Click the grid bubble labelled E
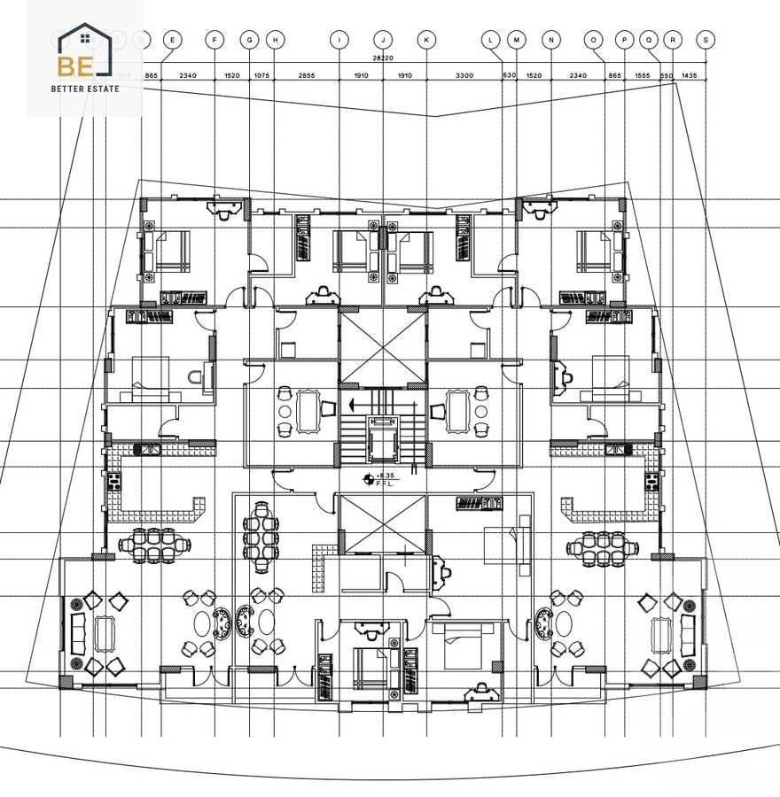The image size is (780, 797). click(x=172, y=39)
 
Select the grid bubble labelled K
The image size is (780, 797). click(x=426, y=39)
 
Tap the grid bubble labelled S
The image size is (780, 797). click(x=706, y=39)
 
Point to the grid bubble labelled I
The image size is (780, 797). click(x=339, y=39)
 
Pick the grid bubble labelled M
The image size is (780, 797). click(x=517, y=39)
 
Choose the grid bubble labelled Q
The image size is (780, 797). click(x=650, y=39)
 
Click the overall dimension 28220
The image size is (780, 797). click(x=383, y=58)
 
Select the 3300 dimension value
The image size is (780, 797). click(x=464, y=76)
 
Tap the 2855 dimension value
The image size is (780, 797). click(x=307, y=76)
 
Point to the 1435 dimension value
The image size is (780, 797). click(x=690, y=76)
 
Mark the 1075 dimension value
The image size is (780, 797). click(x=261, y=76)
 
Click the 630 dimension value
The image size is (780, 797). click(x=509, y=76)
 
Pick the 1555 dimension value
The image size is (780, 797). click(x=642, y=76)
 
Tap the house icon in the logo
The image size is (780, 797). click(x=85, y=38)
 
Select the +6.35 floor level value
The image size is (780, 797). click(x=386, y=476)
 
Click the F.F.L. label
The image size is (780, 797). click(x=386, y=484)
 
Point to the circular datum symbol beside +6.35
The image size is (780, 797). click(x=368, y=479)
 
